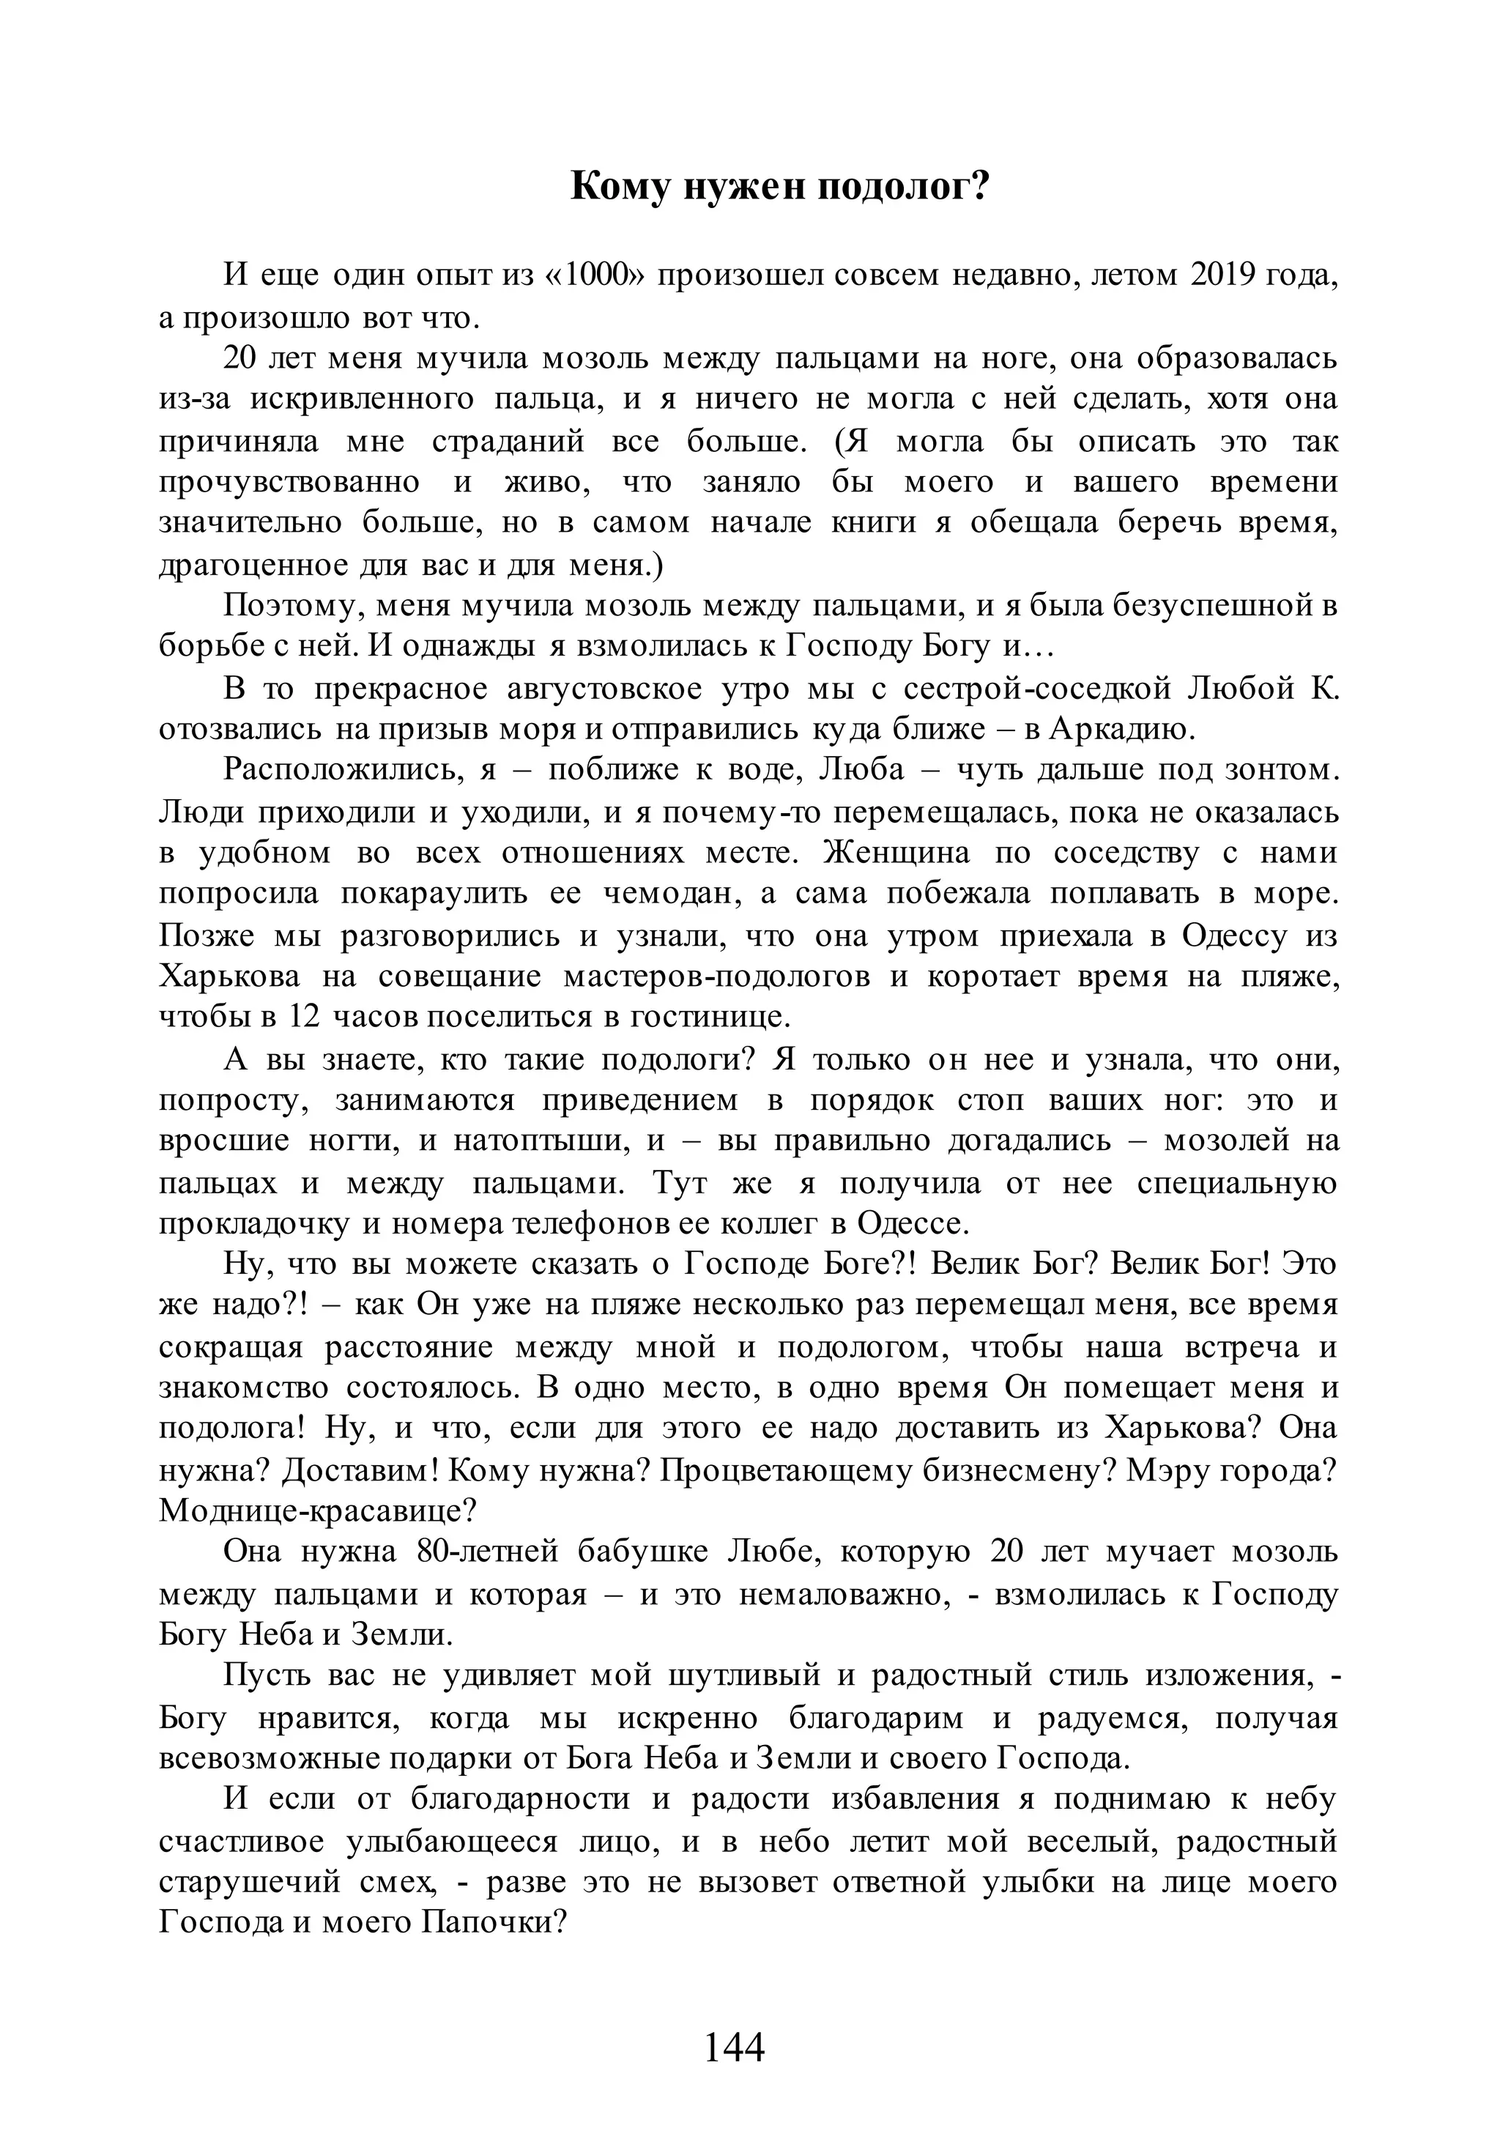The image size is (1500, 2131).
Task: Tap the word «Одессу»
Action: tap(1235, 935)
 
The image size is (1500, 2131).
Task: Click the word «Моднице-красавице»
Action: tap(317, 1512)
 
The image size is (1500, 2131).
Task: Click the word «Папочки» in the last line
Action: tap(493, 1922)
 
